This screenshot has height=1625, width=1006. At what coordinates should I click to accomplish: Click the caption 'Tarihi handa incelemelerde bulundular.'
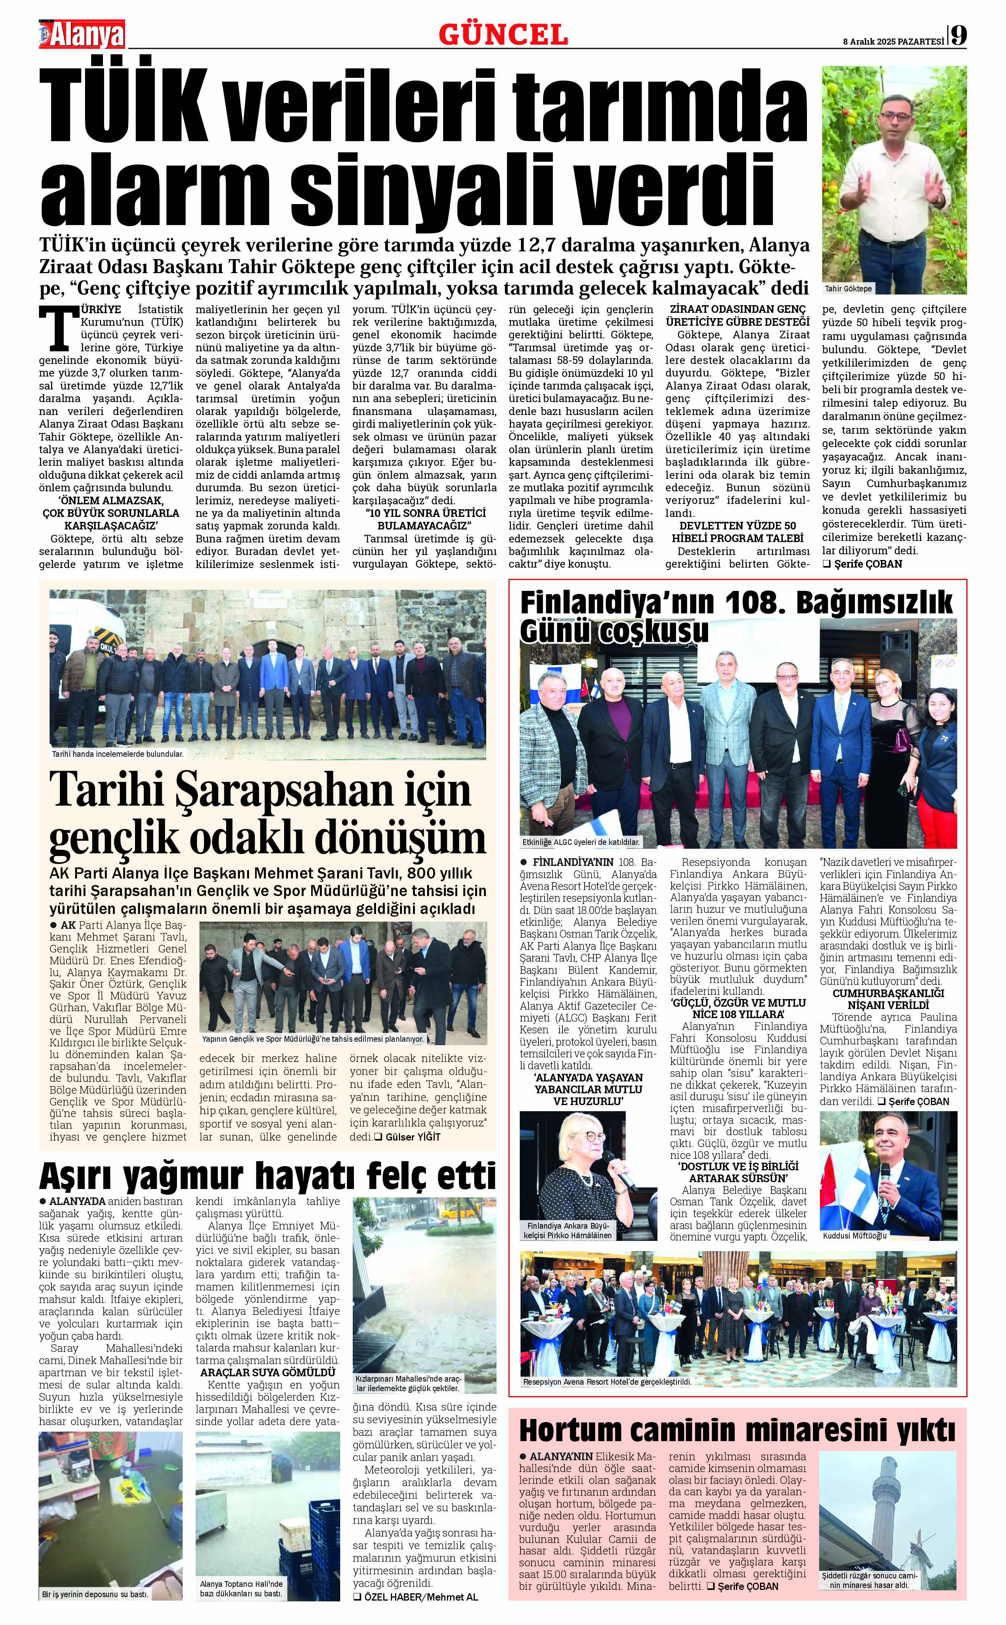pyautogui.click(x=118, y=754)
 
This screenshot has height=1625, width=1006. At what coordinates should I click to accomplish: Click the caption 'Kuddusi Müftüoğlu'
pyautogui.click(x=854, y=1236)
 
